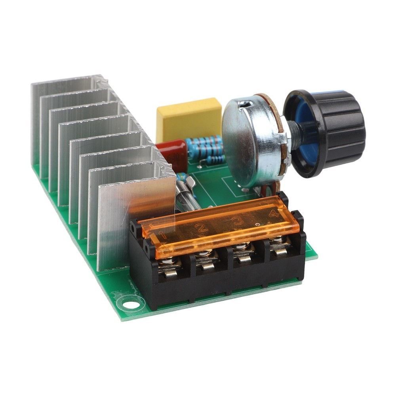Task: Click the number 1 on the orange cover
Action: (x=162, y=235)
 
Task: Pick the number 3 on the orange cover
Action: (x=238, y=220)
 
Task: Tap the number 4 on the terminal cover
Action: (x=273, y=213)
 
